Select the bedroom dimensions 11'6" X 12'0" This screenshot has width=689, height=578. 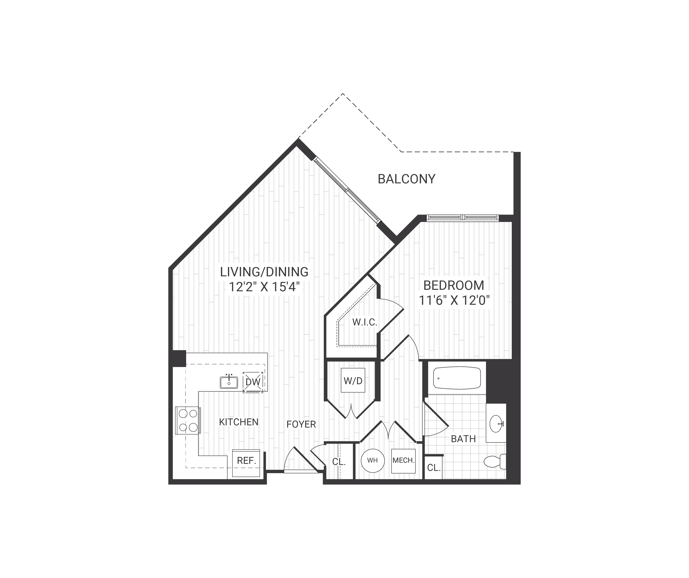coord(454,301)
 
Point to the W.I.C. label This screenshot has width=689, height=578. coord(365,322)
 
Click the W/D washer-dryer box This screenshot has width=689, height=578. coord(353,381)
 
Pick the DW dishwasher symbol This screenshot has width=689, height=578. coord(253,382)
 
